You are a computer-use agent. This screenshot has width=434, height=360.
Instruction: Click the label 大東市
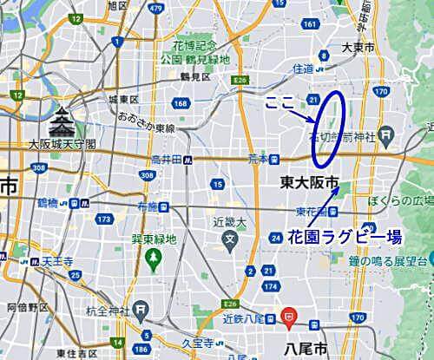click(x=358, y=49)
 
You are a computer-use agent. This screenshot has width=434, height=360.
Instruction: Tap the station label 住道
click(x=303, y=67)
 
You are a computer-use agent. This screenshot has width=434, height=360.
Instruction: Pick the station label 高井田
click(x=165, y=160)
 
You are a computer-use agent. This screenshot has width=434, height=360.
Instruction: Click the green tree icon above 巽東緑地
click(x=151, y=257)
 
